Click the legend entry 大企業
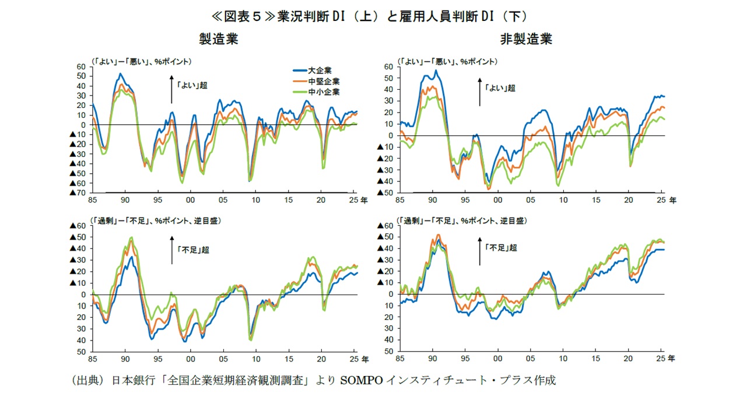320,70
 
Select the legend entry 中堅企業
324,81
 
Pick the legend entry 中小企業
324,92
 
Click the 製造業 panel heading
218,39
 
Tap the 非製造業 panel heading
526,39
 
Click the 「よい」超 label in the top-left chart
192,85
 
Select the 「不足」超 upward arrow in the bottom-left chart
172,250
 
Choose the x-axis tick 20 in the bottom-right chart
629,359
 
